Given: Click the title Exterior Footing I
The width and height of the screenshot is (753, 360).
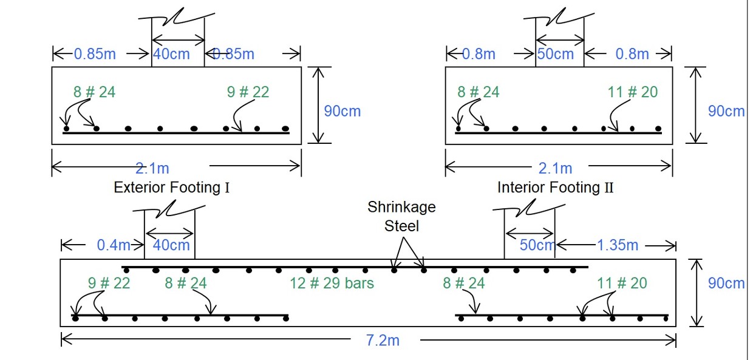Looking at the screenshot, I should coord(172,187).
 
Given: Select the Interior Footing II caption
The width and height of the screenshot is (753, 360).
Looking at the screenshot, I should coord(556,187).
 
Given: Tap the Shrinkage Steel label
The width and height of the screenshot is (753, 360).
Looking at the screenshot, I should coord(401,216).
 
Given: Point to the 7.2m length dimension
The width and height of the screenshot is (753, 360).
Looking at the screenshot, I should coord(383,340).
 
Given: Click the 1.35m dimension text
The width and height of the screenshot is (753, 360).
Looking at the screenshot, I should coord(618,245).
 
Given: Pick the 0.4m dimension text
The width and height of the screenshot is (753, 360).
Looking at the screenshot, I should coord(114,245).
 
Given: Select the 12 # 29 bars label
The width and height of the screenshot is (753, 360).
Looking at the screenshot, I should coord(332,283).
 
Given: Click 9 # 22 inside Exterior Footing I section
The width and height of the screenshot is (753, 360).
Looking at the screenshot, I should coord(248,92).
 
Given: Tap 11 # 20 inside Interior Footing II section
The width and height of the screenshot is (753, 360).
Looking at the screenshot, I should coord(632,92).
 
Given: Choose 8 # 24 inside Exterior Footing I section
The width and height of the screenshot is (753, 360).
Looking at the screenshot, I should coord(94,92).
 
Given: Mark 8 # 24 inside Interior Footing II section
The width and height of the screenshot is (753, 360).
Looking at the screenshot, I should coord(479,92).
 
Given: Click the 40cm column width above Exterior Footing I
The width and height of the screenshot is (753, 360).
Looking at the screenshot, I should coord(171,54).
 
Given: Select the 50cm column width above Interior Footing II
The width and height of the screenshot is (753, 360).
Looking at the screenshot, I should coord(555,54).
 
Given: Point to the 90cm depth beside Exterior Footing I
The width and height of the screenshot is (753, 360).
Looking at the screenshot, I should coord(342,111).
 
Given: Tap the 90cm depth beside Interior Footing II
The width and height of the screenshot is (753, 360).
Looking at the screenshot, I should coord(726,111).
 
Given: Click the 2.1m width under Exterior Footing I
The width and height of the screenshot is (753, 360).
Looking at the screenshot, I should coord(152,168).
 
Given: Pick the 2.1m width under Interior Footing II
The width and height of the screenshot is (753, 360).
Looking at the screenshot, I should coord(555,168).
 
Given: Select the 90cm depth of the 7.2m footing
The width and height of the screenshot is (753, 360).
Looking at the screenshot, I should coord(726,283).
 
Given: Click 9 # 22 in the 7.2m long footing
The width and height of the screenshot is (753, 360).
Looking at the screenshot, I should coord(109,283).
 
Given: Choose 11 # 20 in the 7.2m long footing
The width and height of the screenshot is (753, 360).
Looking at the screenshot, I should coord(622,283).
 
